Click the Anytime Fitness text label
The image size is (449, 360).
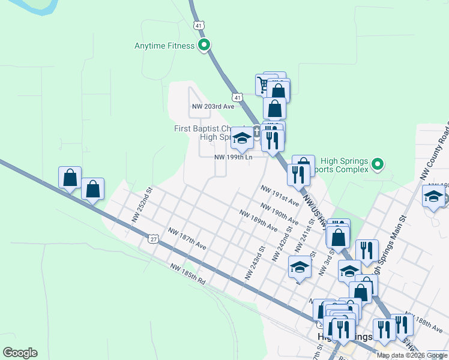(164, 46)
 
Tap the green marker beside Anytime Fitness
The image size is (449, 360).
(204, 45)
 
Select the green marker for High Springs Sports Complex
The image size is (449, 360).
(377, 163)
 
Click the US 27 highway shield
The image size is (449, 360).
(153, 239)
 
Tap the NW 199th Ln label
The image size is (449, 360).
(234, 157)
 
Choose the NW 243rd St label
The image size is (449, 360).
(255, 262)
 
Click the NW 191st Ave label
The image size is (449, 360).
(279, 196)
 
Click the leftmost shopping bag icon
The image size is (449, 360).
(70, 178)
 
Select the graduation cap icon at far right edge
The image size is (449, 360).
(434, 197)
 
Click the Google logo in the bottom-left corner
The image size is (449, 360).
(20, 353)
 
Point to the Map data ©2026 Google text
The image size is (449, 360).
(412, 355)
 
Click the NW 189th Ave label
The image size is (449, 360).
(258, 221)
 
